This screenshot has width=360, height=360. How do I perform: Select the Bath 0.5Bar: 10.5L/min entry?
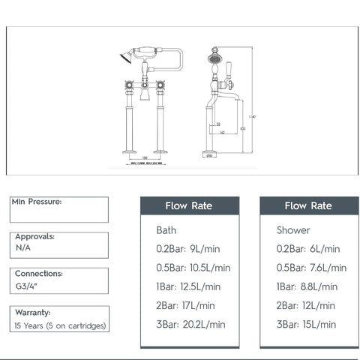tap(193, 267)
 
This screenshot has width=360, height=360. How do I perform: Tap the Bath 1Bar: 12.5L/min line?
tap(188, 286)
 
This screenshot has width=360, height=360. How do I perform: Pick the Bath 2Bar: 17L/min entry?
tap(186, 305)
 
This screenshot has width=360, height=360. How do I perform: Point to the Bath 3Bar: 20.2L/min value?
tap(190, 324)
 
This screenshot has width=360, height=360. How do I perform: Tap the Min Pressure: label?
tap(38, 202)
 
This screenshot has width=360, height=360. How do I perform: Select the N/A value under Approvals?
tap(23, 246)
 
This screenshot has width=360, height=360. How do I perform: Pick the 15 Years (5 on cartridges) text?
tap(61, 325)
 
